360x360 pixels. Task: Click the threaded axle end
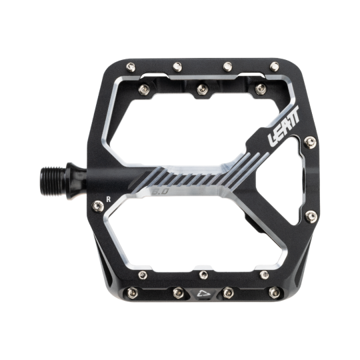(67, 171)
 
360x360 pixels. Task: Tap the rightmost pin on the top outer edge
(273, 66)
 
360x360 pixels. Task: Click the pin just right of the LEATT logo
(309, 141)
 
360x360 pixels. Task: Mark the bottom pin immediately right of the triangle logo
(227, 291)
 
